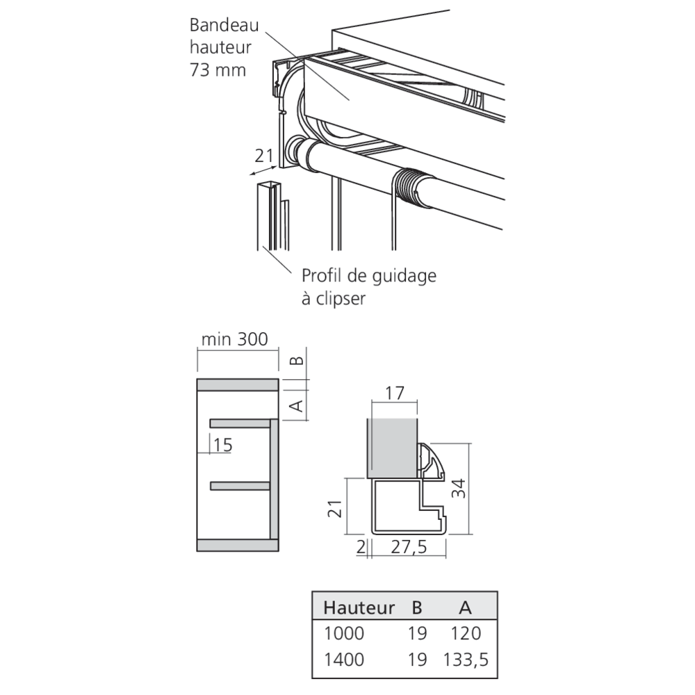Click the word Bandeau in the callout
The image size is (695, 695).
click(224, 25)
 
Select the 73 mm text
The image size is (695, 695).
click(218, 70)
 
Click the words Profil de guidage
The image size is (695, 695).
click(369, 276)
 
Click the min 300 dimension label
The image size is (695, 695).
click(234, 340)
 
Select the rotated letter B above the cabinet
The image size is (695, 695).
click(297, 360)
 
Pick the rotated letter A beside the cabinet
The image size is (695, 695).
click(297, 405)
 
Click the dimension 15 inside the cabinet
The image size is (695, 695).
click(222, 445)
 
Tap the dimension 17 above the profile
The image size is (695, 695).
click(395, 393)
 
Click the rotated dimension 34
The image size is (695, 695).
click(459, 489)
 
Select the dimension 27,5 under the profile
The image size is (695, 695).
click(409, 547)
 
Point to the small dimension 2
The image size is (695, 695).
click(361, 547)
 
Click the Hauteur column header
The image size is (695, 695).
click(359, 607)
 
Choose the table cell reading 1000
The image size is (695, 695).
click(344, 633)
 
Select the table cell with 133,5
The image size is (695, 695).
click(466, 660)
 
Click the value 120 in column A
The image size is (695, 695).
click(466, 633)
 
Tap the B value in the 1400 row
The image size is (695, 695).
click(417, 660)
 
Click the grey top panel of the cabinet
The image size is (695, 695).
click(238, 385)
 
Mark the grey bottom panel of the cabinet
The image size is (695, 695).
click(238, 545)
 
